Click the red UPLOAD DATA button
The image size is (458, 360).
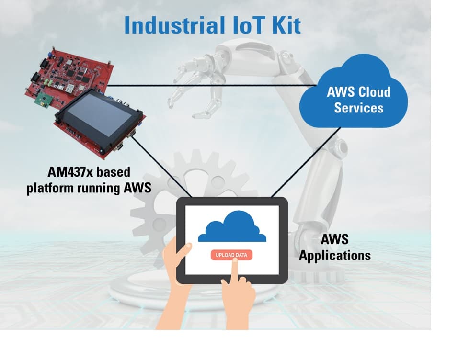point(231,255)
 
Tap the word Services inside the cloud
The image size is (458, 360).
point(359,108)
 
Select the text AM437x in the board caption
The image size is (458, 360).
point(69,172)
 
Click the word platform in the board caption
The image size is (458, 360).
point(50,188)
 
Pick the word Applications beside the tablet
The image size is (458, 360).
point(335,256)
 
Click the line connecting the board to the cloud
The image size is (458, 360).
point(212,86)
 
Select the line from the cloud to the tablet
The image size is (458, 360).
point(306,162)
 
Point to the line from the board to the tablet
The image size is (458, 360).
point(161,167)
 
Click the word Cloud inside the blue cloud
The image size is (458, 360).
point(374,92)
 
